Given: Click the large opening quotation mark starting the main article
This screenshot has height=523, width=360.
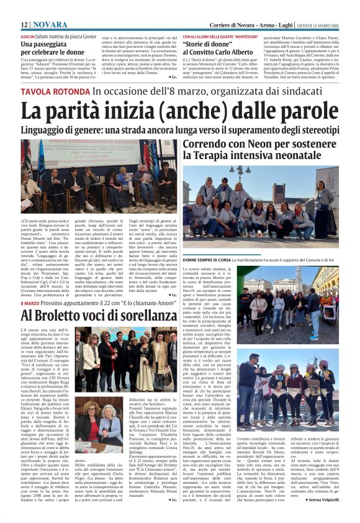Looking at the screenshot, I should click(22, 221).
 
